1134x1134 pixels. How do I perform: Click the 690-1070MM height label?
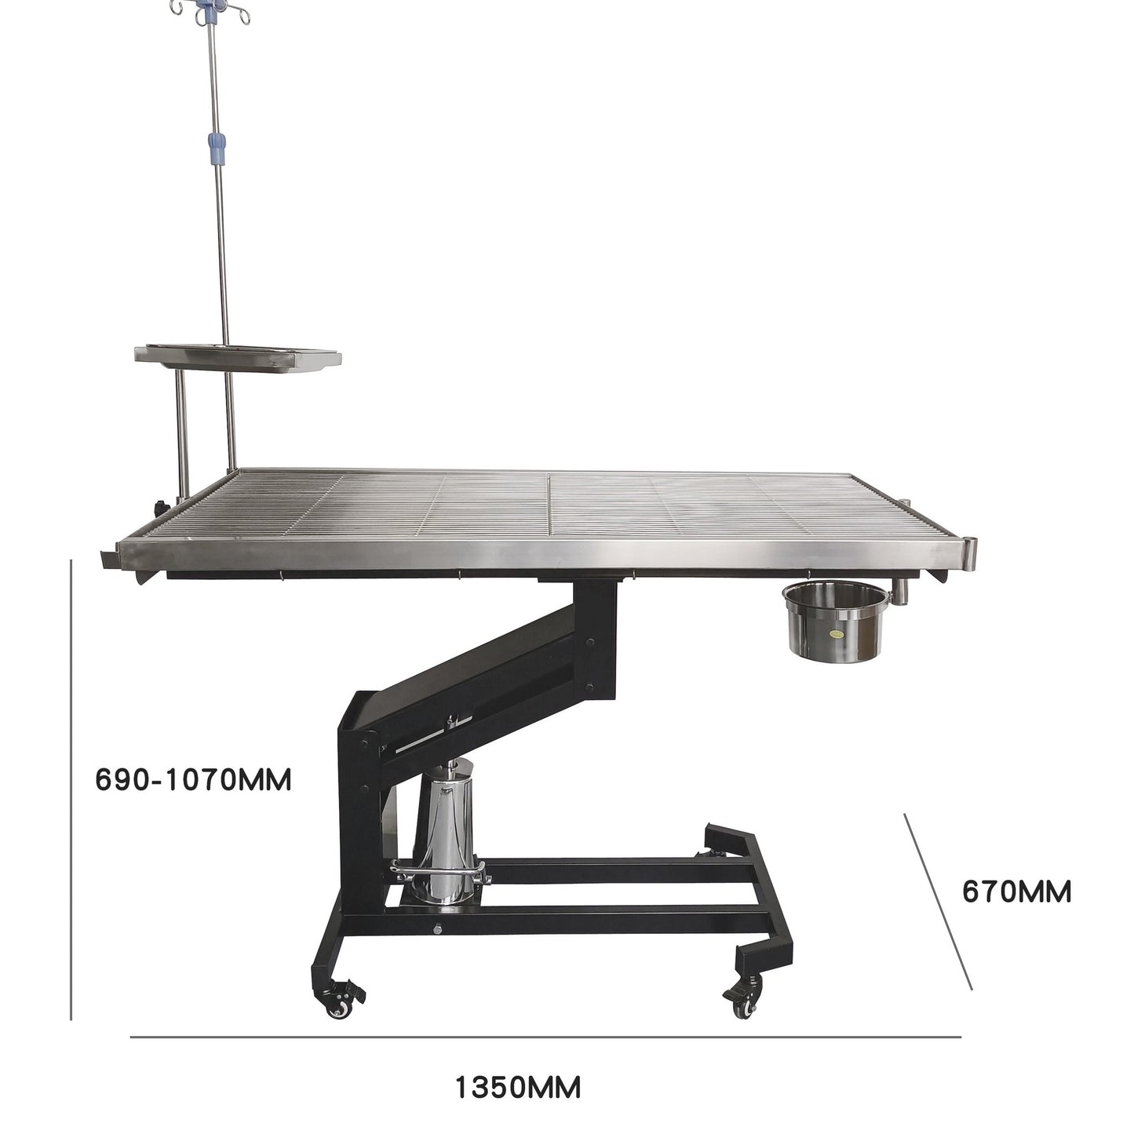click(194, 780)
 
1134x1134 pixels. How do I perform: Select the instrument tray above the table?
click(238, 358)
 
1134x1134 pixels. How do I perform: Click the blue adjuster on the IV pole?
click(217, 148)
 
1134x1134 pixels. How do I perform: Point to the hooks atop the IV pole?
click(210, 12)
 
